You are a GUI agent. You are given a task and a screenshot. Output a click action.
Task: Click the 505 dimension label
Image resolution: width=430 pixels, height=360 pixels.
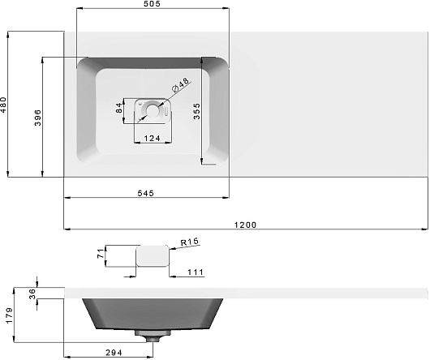click(x=152, y=4)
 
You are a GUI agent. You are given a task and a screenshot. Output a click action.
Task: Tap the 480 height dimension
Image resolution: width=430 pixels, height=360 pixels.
click(x=3, y=105)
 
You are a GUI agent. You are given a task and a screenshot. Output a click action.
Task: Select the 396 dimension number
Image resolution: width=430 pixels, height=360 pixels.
click(x=38, y=118)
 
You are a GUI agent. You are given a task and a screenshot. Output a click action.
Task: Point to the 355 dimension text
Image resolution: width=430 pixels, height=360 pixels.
click(x=196, y=111)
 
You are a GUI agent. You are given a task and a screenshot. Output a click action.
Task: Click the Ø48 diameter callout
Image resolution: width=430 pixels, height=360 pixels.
click(x=181, y=84)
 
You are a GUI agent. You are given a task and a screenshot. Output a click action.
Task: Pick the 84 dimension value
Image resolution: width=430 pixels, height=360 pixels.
click(x=119, y=108)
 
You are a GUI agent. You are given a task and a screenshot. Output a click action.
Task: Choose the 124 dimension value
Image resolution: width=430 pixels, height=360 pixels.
click(x=153, y=139)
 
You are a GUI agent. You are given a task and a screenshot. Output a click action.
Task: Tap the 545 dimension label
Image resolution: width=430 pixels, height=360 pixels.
click(x=145, y=194)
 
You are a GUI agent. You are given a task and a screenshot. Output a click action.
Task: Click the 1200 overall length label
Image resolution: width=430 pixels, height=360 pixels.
click(x=246, y=225)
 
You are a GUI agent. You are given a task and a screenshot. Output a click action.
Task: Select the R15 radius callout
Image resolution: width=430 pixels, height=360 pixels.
click(x=189, y=242)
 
